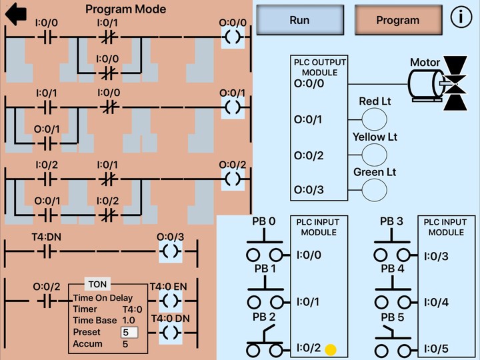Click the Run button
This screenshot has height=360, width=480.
coord(299,20)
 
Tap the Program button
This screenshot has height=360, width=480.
coord(397,20)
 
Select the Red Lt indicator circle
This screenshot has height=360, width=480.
coord(374,119)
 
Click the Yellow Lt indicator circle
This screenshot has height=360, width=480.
coord(374,155)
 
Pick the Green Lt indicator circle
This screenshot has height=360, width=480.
coord(374,190)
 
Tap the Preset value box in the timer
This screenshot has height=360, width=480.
coord(129,332)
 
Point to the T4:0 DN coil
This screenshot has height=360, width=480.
coord(171,332)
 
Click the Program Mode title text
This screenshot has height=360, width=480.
coord(126,9)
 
